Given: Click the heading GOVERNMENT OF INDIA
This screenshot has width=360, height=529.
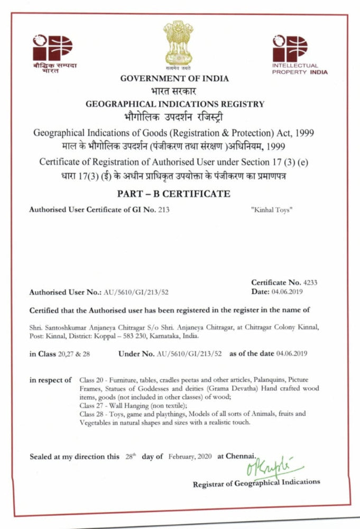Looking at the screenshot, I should (x=174, y=78).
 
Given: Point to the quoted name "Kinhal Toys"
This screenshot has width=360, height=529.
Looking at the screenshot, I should (x=271, y=210).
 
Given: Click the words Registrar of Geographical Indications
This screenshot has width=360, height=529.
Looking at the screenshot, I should (x=256, y=482).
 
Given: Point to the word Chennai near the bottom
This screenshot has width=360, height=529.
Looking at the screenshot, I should (x=243, y=456).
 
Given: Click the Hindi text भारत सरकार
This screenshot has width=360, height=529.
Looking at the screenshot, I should (x=174, y=91).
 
